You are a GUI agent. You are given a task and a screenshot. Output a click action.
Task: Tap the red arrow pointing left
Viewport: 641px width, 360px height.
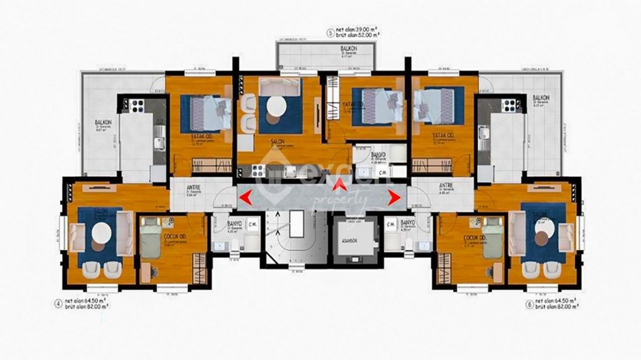[x=245, y=198]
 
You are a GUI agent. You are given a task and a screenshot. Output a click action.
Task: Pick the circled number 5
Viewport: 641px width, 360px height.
[x=330, y=34]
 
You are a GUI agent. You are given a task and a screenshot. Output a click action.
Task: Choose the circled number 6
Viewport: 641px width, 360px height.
[x=529, y=303]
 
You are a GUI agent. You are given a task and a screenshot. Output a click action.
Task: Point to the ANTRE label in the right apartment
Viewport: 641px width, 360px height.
[x=446, y=185]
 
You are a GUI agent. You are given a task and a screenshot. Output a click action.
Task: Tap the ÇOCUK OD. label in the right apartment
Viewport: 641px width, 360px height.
[x=475, y=237]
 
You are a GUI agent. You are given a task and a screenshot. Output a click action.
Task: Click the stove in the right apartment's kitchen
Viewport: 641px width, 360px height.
[x=509, y=105]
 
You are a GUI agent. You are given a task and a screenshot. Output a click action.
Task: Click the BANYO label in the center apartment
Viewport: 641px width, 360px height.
[x=378, y=156]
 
